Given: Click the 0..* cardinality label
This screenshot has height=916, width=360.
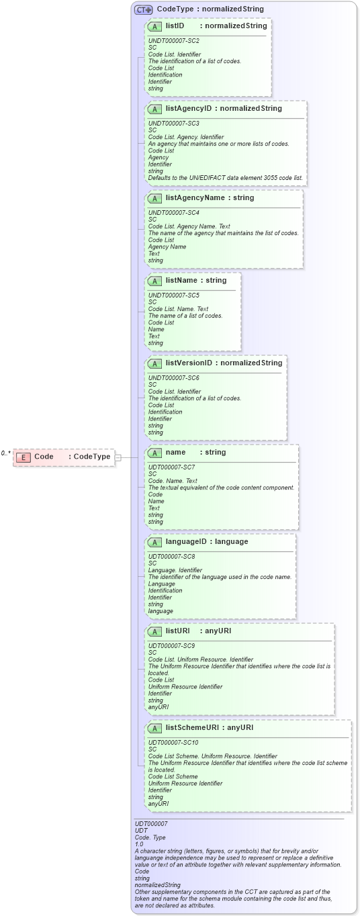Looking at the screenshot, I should pyautogui.click(x=5, y=453).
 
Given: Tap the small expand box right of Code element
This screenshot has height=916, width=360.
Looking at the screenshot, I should pyautogui.click(x=118, y=457).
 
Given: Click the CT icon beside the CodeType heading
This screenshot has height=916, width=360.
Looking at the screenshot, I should pyautogui.click(x=143, y=9).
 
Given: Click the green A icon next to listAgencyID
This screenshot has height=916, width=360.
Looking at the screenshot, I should pyautogui.click(x=154, y=108).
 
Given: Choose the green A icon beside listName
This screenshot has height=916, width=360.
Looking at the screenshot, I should pyautogui.click(x=154, y=281).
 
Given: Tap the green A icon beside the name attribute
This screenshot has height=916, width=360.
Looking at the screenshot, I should pyautogui.click(x=154, y=453).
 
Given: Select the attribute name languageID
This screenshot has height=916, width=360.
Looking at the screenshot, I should pyautogui.click(x=187, y=541).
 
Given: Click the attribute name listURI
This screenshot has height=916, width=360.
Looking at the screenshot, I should pyautogui.click(x=178, y=631).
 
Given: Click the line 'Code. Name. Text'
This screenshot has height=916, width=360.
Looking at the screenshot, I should pyautogui.click(x=173, y=481).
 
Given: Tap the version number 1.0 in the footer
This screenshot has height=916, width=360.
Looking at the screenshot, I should pyautogui.click(x=139, y=844).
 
